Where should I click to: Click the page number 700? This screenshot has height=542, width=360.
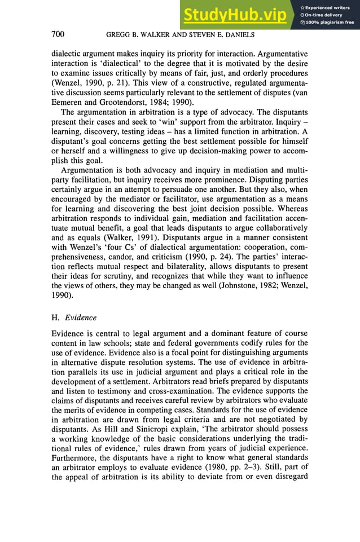point(58,35)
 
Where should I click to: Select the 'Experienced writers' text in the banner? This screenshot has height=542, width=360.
point(327,7)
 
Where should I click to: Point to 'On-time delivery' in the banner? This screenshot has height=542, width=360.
point(324,15)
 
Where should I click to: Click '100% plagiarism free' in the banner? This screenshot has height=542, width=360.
point(330,23)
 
